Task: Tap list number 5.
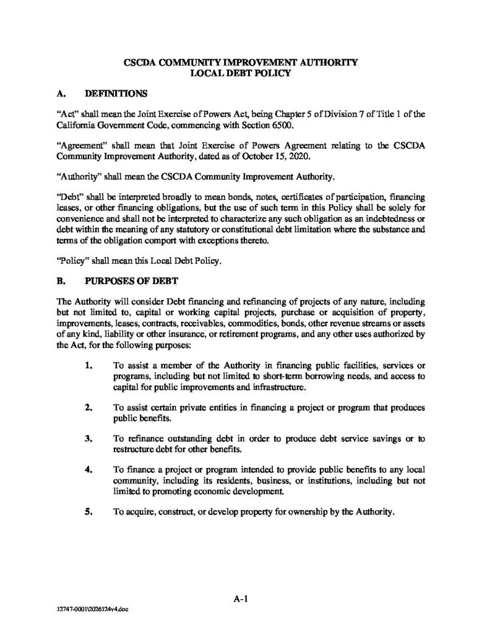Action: coord(89,512)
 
